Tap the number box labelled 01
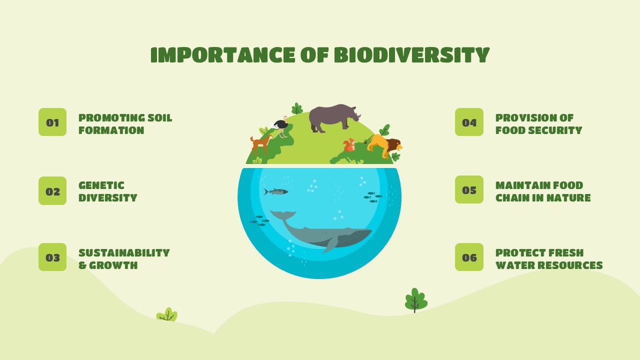[52, 122]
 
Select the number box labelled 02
[52, 190]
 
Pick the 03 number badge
[52, 257]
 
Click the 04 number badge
[469, 122]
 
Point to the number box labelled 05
[469, 189]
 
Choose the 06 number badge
[469, 257]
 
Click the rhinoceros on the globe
[334, 117]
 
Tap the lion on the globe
[384, 145]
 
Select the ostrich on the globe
[280, 126]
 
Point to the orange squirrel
[349, 145]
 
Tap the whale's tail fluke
[283, 215]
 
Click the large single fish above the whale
[275, 191]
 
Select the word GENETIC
[101, 185]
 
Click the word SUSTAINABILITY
[124, 253]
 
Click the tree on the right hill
[416, 300]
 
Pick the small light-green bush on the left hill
[167, 314]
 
